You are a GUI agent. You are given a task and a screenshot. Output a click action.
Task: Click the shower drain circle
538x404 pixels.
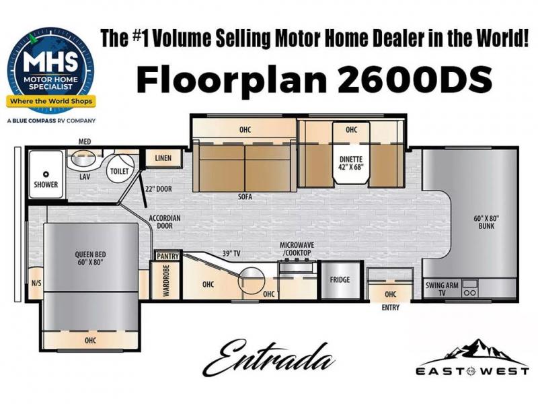[46, 174]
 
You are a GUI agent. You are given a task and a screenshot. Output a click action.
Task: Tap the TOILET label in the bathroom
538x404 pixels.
[120, 171]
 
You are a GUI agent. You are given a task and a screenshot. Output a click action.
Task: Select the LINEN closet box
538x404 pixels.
[163, 158]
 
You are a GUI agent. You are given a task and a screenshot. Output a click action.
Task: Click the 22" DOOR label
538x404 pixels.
[158, 189]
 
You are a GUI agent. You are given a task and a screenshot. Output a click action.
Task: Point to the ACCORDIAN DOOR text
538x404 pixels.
[164, 222]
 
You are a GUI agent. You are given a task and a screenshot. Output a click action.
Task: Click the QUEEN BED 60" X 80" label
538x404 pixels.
[90, 259]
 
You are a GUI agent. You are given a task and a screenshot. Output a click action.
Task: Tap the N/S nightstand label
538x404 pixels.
[36, 283]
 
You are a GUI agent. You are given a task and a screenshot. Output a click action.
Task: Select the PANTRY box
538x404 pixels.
[167, 256]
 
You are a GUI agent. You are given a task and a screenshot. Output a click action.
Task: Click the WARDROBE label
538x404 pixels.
[166, 281]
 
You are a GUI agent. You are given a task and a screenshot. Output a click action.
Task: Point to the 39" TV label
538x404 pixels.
[231, 254]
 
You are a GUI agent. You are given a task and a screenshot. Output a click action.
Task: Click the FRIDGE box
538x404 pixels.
[340, 279]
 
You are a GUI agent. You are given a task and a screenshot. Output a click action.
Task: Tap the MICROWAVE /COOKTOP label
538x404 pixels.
[297, 248]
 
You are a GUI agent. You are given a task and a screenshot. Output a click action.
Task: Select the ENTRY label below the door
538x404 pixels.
[391, 308]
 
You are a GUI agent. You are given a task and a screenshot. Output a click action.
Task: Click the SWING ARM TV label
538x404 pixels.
[442, 289]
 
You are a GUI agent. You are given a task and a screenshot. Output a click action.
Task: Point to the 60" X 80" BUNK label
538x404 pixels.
[486, 222]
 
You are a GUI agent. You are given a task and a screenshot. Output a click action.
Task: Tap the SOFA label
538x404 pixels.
[245, 197]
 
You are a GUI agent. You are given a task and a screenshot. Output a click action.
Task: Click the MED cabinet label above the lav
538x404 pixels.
[85, 141]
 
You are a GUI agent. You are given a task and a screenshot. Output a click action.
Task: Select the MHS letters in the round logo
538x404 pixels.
[50, 63]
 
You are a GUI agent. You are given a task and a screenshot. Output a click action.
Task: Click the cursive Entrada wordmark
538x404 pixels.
[268, 358]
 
